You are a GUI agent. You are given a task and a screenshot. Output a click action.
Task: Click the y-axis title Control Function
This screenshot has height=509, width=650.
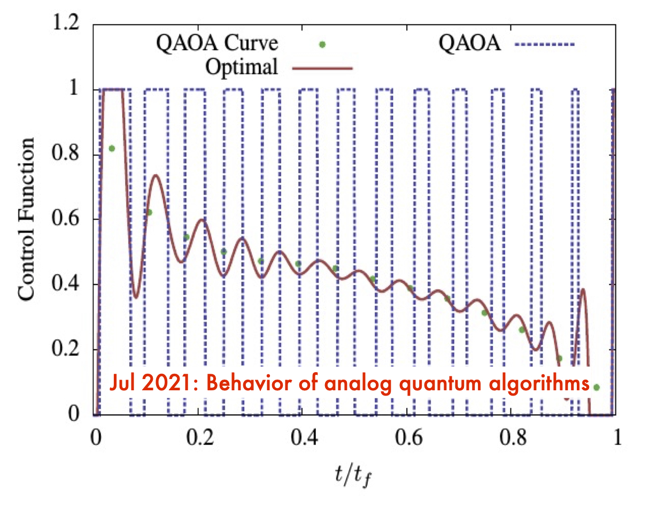click(27, 219)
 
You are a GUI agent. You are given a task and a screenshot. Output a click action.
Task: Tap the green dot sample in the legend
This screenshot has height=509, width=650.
click(322, 45)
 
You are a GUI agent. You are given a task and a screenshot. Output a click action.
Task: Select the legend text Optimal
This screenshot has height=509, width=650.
click(241, 68)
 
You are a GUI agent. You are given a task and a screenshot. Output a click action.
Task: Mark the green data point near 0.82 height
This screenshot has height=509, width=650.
click(111, 148)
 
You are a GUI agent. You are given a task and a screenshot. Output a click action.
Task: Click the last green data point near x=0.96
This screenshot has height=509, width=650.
click(597, 387)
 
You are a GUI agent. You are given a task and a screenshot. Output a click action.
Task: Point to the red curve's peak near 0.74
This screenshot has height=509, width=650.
click(156, 175)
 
